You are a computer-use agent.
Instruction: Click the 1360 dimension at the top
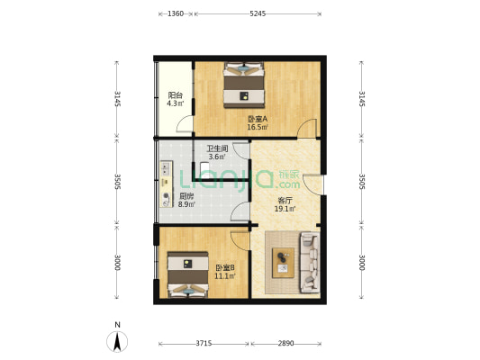click(176, 13)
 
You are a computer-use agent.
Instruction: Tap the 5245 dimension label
click(258, 13)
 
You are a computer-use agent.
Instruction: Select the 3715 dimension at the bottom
click(204, 344)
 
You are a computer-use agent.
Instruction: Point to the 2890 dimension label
click(285, 344)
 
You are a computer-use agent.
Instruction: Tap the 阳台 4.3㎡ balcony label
click(175, 99)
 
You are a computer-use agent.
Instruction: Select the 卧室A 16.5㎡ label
click(258, 122)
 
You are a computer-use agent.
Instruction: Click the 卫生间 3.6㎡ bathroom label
click(217, 153)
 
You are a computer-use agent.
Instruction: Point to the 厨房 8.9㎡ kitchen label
click(186, 201)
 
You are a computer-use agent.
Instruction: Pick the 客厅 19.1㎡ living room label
click(285, 205)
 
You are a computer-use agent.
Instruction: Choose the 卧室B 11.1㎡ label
click(225, 272)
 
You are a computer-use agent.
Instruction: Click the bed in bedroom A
click(244, 85)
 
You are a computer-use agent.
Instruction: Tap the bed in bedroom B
click(188, 274)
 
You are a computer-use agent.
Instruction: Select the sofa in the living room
click(310, 263)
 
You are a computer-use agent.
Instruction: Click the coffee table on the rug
click(283, 263)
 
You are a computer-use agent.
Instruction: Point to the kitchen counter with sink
click(167, 184)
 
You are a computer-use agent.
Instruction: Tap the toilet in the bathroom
click(204, 169)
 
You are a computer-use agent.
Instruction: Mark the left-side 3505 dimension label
click(117, 182)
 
